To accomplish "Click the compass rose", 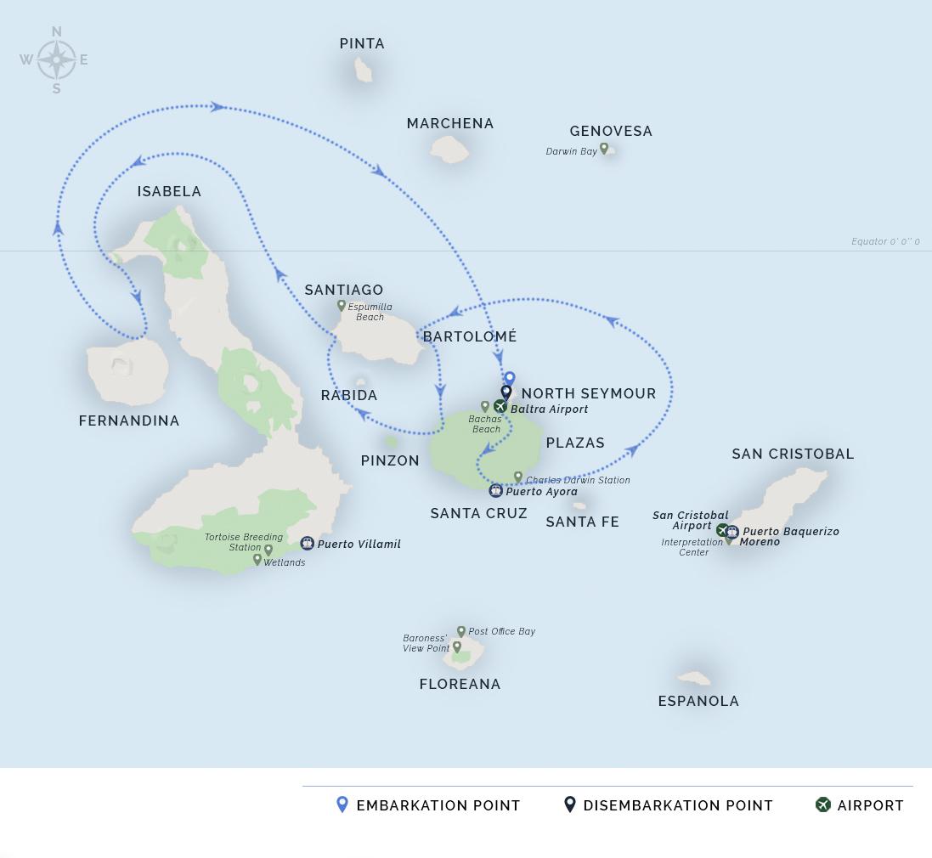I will [56, 60].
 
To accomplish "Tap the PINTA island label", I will [362, 44].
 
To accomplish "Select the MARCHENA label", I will [450, 124].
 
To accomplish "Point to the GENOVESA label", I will [611, 132].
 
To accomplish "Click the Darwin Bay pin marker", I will [604, 149].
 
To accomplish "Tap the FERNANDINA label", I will [129, 421].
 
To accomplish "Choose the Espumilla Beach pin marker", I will [342, 306].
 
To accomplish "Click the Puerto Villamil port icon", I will [308, 544].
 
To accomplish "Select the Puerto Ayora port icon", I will [496, 491].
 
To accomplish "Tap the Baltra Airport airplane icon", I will [500, 407].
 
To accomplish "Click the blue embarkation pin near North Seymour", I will [510, 379].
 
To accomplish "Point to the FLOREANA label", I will [460, 685].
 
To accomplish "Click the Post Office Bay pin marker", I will [461, 631].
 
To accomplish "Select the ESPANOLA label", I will [698, 702].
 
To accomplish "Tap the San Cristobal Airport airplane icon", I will [722, 530].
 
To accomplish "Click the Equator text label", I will [885, 242].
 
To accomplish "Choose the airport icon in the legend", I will [822, 804].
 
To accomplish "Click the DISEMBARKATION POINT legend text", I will [678, 806].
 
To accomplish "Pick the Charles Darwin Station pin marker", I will [518, 477].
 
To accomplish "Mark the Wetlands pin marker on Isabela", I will [257, 560].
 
